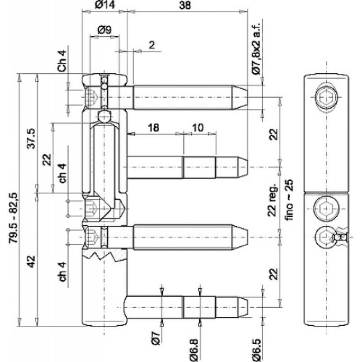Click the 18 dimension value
(x=154, y=128)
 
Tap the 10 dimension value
(x=198, y=128)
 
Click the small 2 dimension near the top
(x=151, y=44)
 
